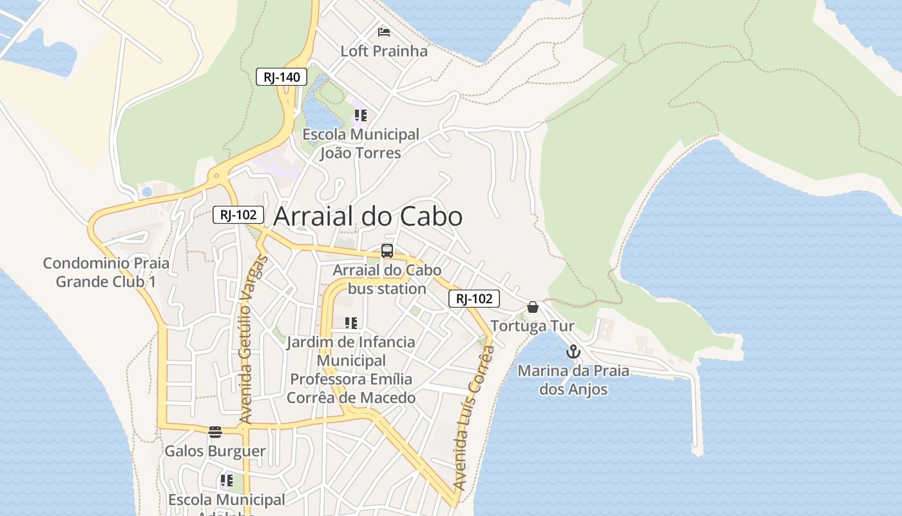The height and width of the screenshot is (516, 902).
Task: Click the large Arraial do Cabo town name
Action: pos(368,217)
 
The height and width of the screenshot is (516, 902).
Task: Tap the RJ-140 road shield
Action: pos(282,77)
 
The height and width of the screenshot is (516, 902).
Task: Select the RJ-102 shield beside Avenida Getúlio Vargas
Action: pos(238,215)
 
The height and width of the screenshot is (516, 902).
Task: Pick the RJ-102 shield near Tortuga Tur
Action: pos(474,299)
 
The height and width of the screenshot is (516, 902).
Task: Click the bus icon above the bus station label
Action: pos(387,252)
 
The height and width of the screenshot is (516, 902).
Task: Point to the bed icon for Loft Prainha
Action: pos(384,32)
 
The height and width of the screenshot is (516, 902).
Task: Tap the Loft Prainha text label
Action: pos(384,51)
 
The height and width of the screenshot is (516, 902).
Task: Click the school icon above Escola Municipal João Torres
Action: pos(360,116)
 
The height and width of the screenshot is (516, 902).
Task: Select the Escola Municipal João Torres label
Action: pos(361,144)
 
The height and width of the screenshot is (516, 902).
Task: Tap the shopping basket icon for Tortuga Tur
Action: pos(533,307)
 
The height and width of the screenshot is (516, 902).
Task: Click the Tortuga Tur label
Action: pos(532,326)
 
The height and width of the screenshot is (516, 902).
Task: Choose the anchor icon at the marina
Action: pos(573,352)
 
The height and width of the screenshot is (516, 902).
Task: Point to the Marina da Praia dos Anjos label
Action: pos(573,380)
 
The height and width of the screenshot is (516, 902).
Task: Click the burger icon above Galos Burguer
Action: pos(215,432)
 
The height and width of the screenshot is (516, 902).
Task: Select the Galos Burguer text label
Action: pos(215,451)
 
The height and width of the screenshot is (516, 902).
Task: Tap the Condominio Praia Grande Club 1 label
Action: pos(106,272)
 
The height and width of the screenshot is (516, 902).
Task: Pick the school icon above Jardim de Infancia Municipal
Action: pos(351,323)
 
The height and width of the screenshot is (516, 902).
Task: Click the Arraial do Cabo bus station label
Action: pos(387,279)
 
